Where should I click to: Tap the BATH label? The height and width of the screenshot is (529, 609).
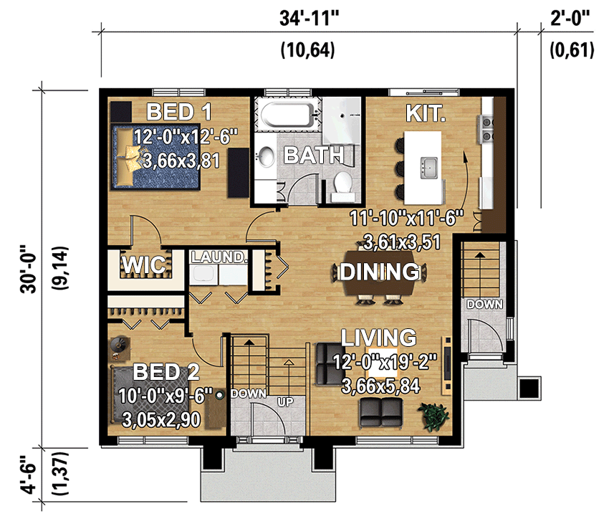coord(312,155)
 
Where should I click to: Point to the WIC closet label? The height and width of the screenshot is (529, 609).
coord(145,265)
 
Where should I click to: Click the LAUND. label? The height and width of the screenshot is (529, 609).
coord(219,257)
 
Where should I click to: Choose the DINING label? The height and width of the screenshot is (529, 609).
coord(379,272)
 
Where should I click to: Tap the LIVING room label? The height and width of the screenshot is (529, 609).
coord(378,337)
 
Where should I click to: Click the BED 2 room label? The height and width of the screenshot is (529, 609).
coord(166,372)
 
